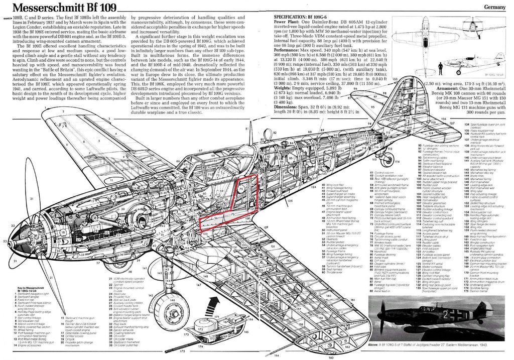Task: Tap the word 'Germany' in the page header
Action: click(x=496, y=8)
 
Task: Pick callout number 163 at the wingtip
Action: click(x=330, y=357)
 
